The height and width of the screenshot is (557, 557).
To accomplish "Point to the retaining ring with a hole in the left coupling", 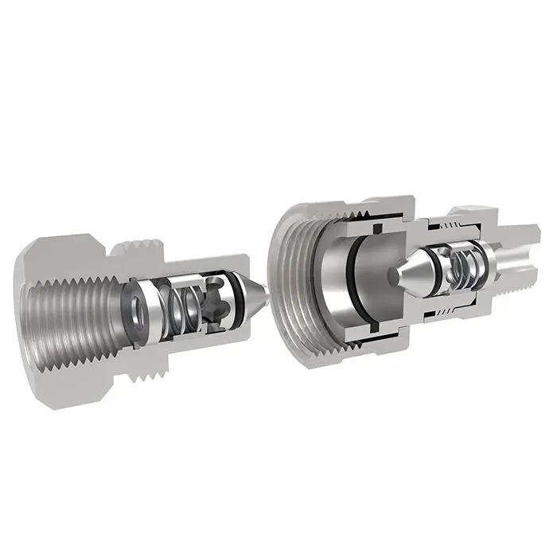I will pyautogui.click(x=137, y=307).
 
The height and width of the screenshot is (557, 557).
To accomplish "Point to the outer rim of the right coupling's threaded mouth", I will pyautogui.click(x=278, y=239).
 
